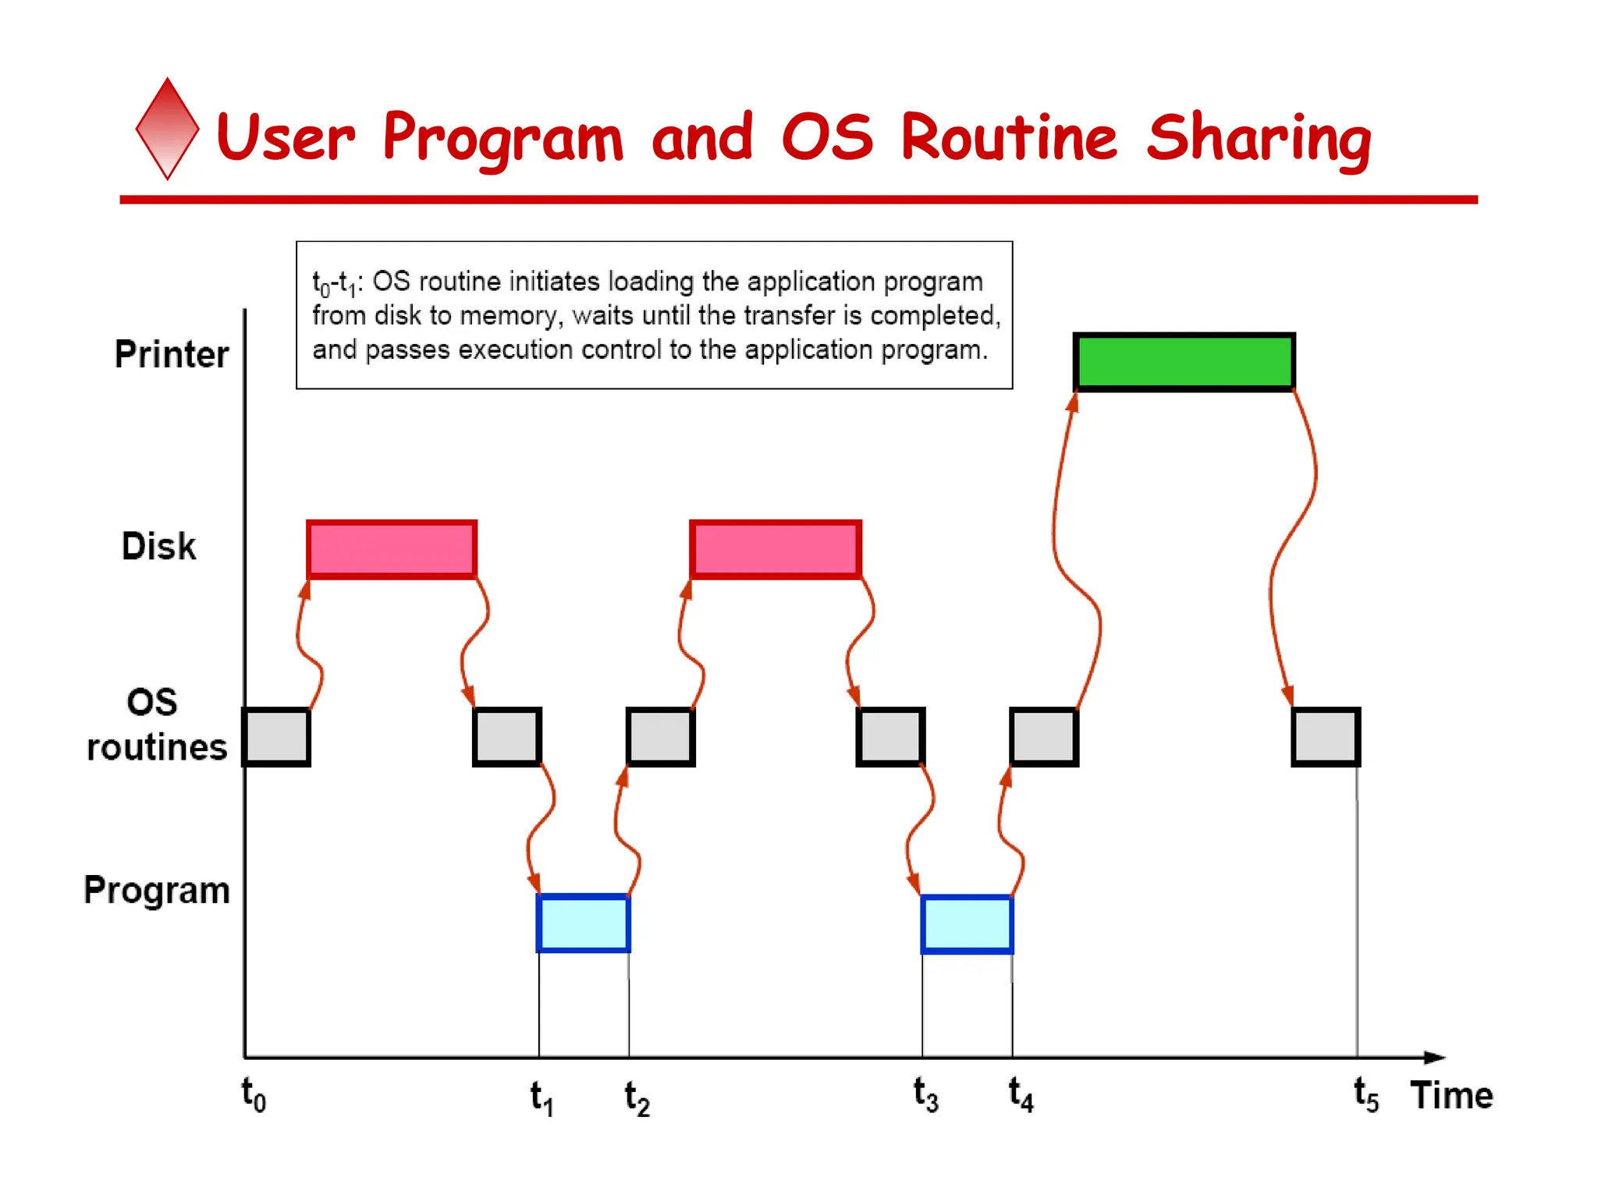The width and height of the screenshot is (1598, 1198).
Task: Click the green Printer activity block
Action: [x=1184, y=362]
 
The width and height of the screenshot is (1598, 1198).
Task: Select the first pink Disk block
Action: [x=391, y=549]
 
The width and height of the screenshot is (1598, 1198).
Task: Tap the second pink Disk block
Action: [x=776, y=549]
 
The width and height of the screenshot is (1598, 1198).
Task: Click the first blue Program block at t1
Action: [x=583, y=923]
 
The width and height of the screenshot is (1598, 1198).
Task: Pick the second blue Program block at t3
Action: [x=967, y=924]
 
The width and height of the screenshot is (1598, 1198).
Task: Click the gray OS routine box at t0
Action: [x=276, y=737]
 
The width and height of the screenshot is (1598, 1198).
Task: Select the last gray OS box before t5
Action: [x=1326, y=737]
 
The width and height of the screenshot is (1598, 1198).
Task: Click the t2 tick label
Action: [x=637, y=1098]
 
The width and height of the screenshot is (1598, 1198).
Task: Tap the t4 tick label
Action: [x=1021, y=1094]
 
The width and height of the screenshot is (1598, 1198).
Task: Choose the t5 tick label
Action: [x=1365, y=1094]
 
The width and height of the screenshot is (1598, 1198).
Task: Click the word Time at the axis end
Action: [x=1451, y=1095]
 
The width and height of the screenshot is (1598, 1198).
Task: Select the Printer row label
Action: [x=172, y=354]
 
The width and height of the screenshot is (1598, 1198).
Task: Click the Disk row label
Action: [x=158, y=546]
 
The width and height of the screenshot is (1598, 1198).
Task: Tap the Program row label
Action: [x=157, y=890]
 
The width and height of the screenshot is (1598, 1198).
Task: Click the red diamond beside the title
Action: [x=167, y=129]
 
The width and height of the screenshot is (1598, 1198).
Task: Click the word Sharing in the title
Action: [x=1258, y=139]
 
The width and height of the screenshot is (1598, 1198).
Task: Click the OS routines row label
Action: [x=156, y=725]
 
